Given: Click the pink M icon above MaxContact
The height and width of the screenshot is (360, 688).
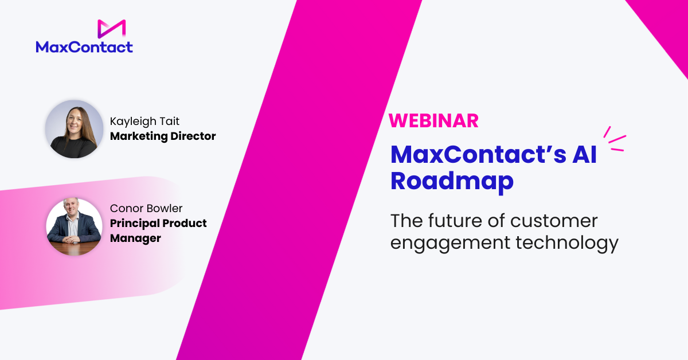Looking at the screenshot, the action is click(111, 29).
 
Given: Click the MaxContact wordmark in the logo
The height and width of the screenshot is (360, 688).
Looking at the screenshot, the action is click(84, 47).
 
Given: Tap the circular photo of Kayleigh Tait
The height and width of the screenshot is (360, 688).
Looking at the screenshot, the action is click(74, 129).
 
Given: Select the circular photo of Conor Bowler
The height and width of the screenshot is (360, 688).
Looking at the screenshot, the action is click(74, 226).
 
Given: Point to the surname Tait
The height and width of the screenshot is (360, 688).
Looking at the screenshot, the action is click(169, 121).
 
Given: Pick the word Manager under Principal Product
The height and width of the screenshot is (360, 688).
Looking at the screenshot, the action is click(135, 238).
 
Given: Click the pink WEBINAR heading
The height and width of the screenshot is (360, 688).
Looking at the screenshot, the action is click(433, 121).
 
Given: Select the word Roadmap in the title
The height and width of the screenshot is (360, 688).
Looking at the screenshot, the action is click(452, 182).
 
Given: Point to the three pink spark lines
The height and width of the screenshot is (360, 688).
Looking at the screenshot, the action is click(615, 139).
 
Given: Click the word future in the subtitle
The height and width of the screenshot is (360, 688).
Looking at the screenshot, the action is click(459, 221).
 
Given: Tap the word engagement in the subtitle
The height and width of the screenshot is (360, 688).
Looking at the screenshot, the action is click(450, 243).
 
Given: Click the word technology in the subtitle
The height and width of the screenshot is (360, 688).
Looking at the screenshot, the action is click(567, 242).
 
